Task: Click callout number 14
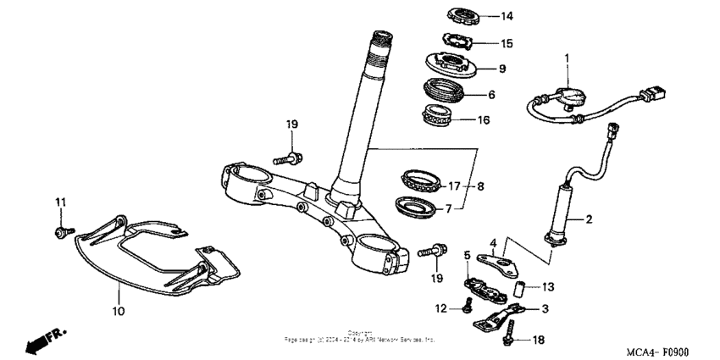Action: point(507,16)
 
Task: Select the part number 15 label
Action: point(507,42)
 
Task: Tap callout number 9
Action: point(501,68)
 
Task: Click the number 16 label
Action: point(484,119)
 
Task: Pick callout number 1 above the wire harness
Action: point(568,57)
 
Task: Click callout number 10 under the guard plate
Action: point(119,311)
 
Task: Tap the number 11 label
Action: point(60,202)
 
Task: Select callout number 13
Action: point(548,286)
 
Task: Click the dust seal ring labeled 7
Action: point(417,206)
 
